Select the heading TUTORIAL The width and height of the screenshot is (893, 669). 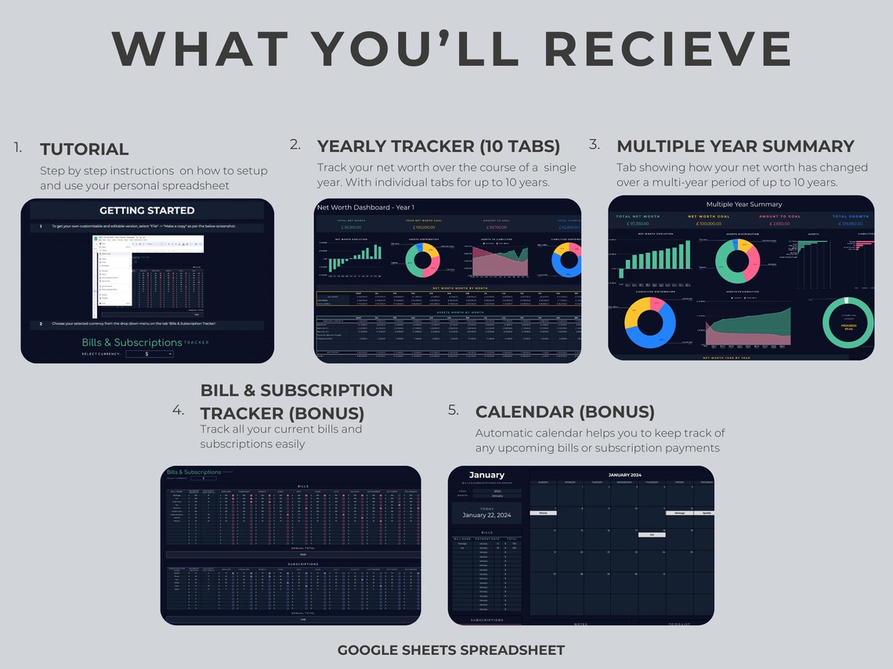coord(84,149)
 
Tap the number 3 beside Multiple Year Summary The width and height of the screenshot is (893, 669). coord(595,145)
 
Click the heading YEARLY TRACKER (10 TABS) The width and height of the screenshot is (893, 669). coord(438,146)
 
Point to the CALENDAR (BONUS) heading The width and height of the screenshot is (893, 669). coord(565,412)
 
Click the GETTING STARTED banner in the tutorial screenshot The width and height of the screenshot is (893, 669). coord(147,210)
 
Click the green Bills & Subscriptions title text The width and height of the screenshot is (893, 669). coord(132,343)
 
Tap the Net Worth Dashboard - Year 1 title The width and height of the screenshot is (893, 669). coord(354,207)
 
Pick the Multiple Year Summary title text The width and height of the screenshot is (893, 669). coord(743,204)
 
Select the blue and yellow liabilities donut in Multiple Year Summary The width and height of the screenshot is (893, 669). coord(649,322)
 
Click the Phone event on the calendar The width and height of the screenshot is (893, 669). coord(542,513)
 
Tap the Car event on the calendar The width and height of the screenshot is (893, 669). coord(651,534)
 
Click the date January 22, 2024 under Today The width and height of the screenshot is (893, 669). coord(486,515)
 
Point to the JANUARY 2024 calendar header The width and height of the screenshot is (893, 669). coord(624,475)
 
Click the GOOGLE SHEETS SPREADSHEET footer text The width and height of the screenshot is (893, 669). coord(450,650)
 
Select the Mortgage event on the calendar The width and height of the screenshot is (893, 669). coord(678,513)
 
